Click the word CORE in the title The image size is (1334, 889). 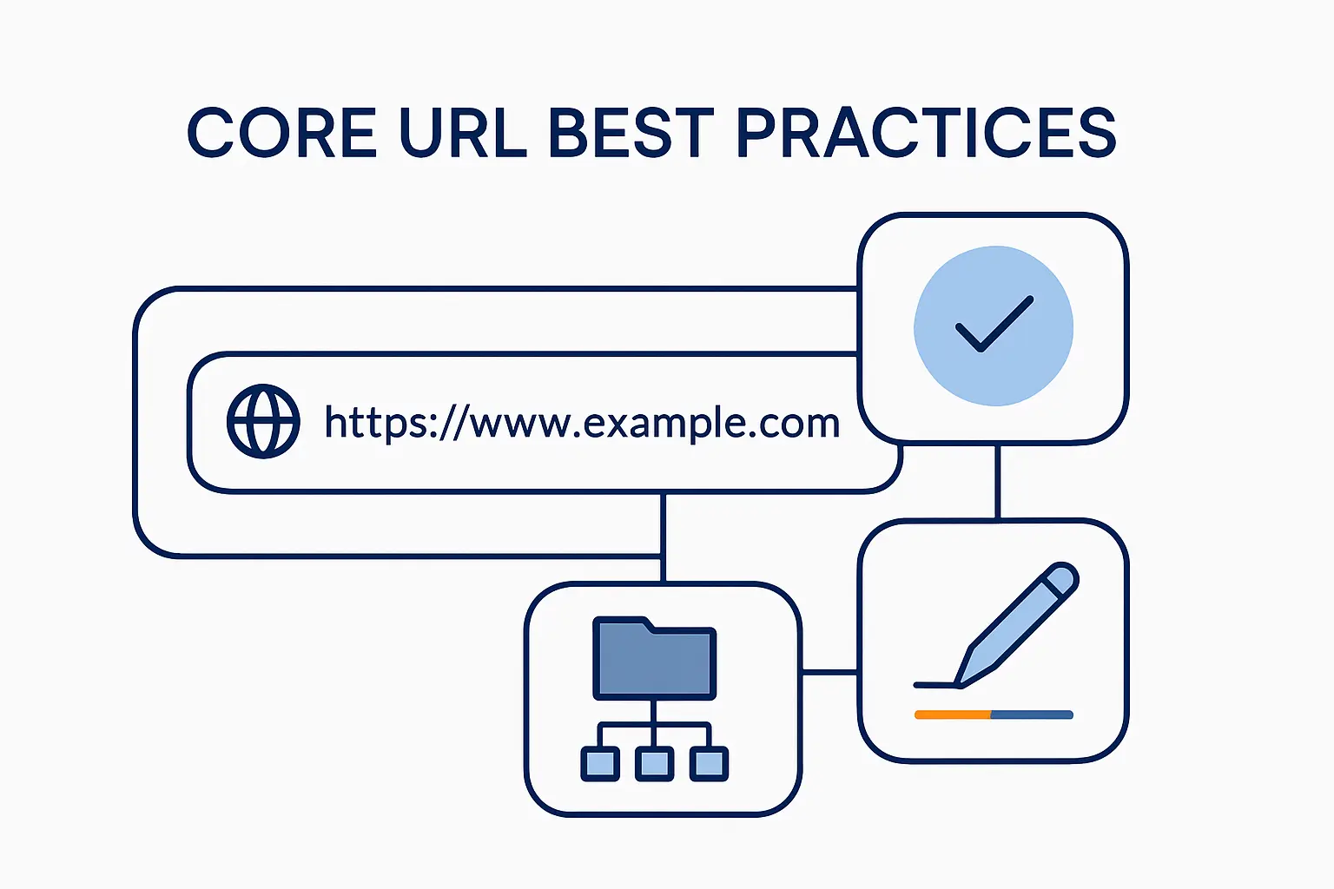(281, 134)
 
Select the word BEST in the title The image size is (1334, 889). (631, 134)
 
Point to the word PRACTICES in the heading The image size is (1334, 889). (926, 134)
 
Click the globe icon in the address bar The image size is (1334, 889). (263, 421)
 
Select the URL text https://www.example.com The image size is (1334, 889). (582, 423)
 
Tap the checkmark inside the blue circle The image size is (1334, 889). (994, 324)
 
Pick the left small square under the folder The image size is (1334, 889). (600, 763)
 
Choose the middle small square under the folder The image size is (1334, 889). (654, 763)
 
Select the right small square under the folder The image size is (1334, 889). (709, 763)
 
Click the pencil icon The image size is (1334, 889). (1016, 625)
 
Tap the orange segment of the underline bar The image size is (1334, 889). (953, 714)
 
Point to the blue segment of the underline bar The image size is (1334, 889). (1032, 714)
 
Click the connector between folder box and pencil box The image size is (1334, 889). (829, 671)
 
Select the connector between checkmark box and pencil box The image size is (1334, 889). (997, 482)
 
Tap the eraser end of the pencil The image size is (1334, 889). (1062, 578)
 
